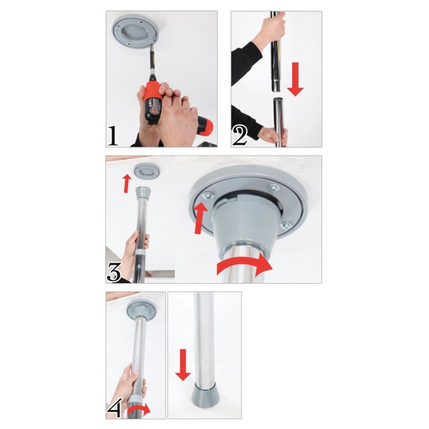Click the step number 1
(x=113, y=135)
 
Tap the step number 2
(x=240, y=135)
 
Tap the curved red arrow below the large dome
(x=244, y=267)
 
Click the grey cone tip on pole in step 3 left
(x=144, y=193)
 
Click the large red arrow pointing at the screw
(x=200, y=217)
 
